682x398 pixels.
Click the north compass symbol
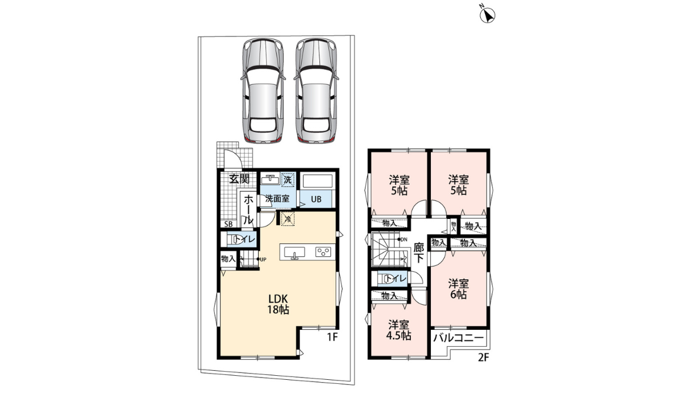pos(488,15)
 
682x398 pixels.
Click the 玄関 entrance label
pos(239,179)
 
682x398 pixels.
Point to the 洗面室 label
pos(277,199)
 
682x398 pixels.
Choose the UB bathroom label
pos(317,200)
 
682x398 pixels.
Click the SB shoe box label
pos(227,223)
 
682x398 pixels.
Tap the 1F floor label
pos(332,337)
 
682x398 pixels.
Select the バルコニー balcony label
pos(459,338)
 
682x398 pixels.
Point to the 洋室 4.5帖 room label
pos(400,330)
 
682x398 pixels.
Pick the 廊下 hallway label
pos(419,252)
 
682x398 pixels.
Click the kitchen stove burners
pos(324,252)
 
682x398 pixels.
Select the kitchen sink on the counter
pos(294,252)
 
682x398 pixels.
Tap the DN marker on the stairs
pos(404,239)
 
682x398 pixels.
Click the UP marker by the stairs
pos(262,260)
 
